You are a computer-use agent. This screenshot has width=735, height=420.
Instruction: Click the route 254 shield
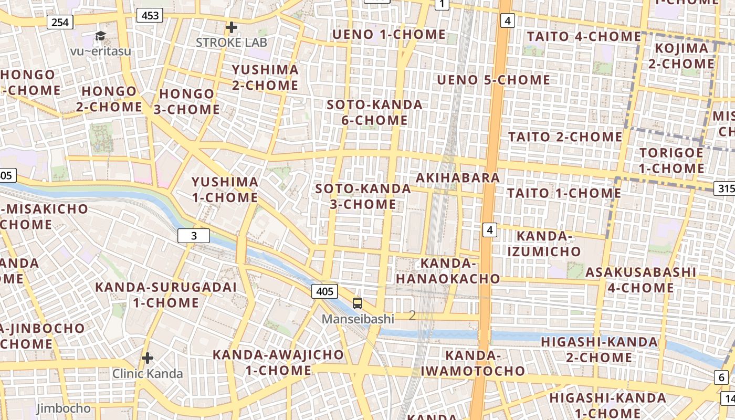point(60,22)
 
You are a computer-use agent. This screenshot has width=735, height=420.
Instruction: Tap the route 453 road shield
point(150,16)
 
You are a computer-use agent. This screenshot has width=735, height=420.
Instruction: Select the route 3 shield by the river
point(194,236)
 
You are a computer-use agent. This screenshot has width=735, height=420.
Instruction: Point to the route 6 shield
point(721,377)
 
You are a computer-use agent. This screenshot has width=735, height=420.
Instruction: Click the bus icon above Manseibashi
point(357,303)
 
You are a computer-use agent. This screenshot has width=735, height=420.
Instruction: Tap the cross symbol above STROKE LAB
point(231,27)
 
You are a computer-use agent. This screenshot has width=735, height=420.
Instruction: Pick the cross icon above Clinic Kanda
point(148,359)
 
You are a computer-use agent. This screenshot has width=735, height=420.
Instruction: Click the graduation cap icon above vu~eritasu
point(100,36)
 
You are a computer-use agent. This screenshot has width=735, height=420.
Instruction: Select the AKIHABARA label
point(458,177)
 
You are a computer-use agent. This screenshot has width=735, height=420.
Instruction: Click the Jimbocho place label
point(63,408)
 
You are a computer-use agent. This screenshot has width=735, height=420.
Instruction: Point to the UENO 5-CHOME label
point(493,80)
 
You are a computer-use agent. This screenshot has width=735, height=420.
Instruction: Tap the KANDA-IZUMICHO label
point(544,244)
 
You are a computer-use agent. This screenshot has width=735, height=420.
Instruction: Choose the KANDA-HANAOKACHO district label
point(448,270)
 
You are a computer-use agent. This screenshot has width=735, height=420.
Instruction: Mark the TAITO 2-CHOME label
point(565,137)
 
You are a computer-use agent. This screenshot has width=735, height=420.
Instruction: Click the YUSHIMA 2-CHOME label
point(265,77)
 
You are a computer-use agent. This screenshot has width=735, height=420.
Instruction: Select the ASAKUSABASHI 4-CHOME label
point(640,280)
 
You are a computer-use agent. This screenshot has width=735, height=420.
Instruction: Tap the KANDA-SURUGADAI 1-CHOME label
point(166,295)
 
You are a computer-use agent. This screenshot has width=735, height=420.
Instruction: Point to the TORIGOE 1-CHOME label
point(671,161)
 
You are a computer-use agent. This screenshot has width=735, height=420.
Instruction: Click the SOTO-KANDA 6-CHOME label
point(374,112)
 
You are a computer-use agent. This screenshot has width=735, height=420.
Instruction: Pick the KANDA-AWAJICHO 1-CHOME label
point(278,362)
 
